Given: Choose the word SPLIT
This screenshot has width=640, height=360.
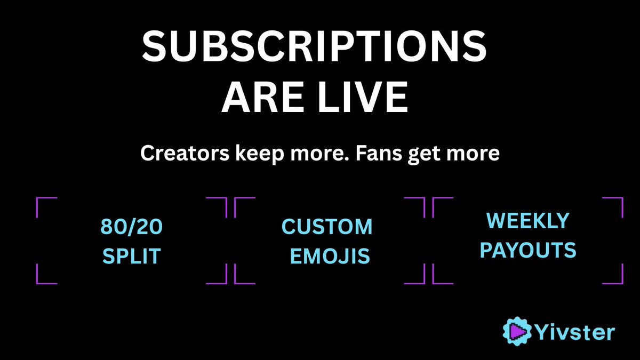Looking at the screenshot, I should (131, 257).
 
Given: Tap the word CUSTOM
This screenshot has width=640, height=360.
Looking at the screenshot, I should (327, 227).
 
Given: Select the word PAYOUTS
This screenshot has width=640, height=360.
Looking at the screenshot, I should (528, 250).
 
